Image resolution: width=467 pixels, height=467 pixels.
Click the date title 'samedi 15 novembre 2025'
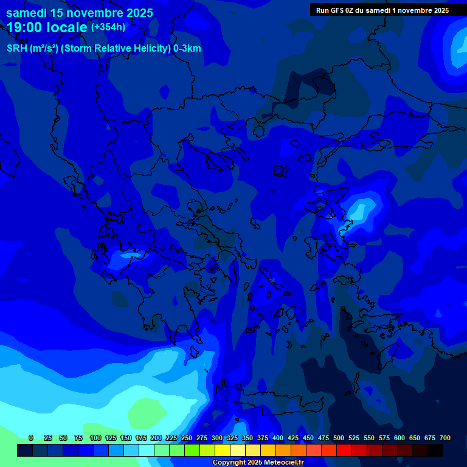80,13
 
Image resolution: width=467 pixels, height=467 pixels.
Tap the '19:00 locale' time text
47,27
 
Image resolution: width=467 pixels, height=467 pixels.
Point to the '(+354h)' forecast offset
108,27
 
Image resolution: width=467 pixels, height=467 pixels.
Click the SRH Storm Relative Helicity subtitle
104,49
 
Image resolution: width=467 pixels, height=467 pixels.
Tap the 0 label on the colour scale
31,438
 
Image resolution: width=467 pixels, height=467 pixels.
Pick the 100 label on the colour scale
95,438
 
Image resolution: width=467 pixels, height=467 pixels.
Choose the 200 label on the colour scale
156,438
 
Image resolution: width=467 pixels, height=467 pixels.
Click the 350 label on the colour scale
247,438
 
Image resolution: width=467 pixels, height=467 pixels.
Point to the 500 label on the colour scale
339,438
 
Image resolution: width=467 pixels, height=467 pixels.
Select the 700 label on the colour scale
445,438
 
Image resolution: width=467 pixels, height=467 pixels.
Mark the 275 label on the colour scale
202,438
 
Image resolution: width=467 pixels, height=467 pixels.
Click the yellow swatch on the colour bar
223,451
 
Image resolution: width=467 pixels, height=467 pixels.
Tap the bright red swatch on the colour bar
344,451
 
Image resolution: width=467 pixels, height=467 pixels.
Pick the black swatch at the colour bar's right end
435,451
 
